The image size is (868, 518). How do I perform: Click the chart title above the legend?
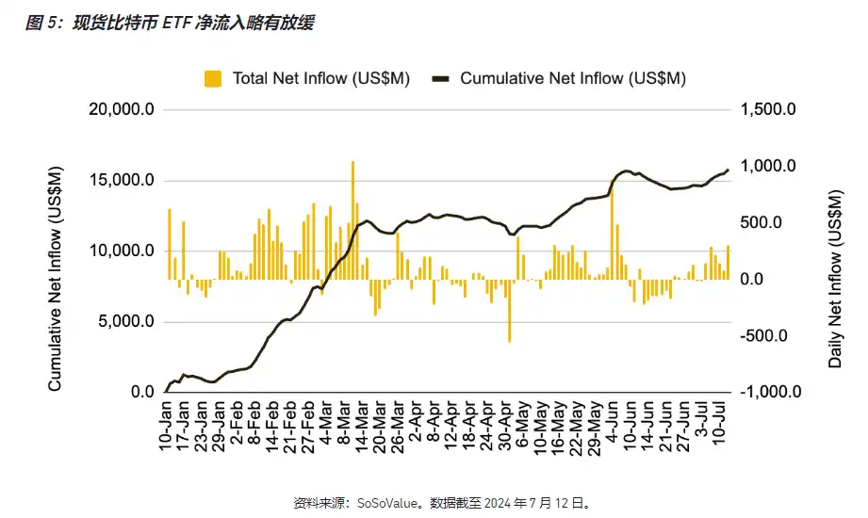(x=170, y=23)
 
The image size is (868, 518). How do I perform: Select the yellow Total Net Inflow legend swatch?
(x=214, y=79)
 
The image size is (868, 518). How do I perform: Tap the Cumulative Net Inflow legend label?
(x=572, y=79)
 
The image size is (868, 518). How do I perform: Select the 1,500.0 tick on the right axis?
(x=769, y=110)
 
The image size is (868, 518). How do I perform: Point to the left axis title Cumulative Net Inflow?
(x=56, y=280)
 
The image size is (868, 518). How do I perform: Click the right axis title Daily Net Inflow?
(x=835, y=279)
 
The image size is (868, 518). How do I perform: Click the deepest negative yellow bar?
(x=510, y=311)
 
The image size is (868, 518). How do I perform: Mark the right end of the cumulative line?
(x=728, y=170)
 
